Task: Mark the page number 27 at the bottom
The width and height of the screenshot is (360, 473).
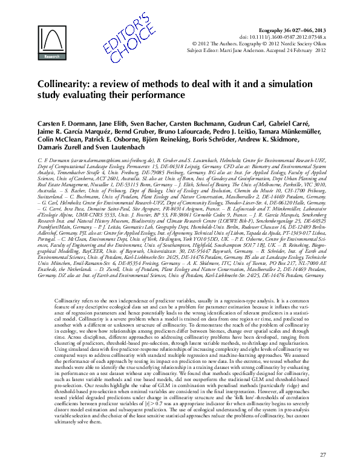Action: pos(322,454)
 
